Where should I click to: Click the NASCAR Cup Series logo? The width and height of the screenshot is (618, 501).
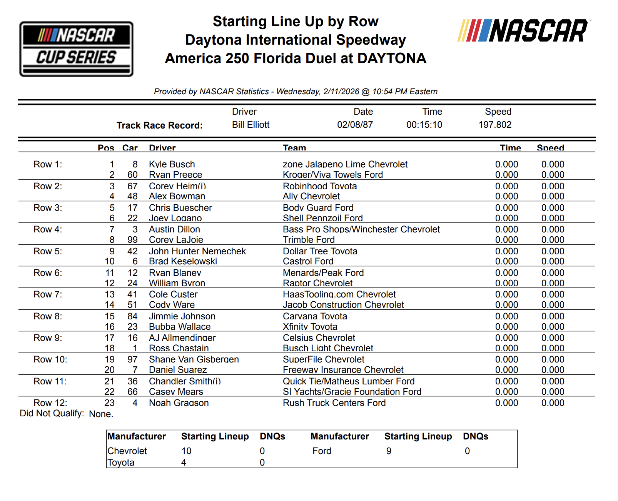tap(76, 49)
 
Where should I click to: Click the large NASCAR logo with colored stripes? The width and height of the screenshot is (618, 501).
tap(523, 31)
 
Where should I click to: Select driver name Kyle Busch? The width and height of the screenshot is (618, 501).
tap(172, 164)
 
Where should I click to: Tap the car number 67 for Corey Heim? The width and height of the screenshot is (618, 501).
tap(132, 186)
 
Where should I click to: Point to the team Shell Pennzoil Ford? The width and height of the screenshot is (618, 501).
tap(322, 218)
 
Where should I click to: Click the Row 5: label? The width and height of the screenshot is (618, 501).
tap(48, 251)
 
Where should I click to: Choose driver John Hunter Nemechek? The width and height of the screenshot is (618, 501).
tap(197, 251)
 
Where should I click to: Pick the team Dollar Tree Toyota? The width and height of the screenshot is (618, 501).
tap(320, 251)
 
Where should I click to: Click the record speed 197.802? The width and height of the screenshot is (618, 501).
tap(494, 125)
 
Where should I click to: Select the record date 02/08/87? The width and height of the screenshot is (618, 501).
tap(355, 125)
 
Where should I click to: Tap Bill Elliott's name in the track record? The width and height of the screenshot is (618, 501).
tap(251, 125)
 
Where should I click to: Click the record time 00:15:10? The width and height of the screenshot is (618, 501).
tap(424, 125)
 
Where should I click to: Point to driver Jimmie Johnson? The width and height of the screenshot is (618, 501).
tap(182, 316)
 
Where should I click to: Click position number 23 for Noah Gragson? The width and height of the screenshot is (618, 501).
tap(109, 403)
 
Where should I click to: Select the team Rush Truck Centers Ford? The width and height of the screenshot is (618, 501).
tap(334, 403)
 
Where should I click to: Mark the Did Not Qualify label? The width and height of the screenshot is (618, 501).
tap(52, 413)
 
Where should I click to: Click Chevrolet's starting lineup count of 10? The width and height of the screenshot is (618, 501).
tap(186, 451)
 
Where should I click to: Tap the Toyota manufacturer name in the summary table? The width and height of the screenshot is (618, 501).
tap(121, 463)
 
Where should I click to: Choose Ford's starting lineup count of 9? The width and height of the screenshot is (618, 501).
tap(389, 451)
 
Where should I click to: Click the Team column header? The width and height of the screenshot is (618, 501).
tap(294, 148)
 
